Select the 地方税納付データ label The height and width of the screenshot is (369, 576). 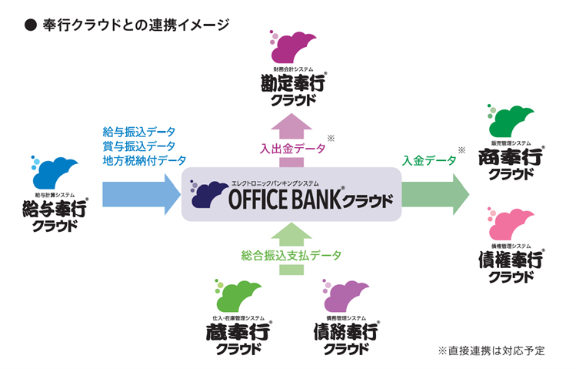pyautogui.click(x=144, y=160)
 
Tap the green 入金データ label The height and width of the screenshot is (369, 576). pyautogui.click(x=429, y=160)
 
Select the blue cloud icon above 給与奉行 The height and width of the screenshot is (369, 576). pyautogui.click(x=55, y=172)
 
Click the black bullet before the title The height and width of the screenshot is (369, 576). pyautogui.click(x=31, y=25)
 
